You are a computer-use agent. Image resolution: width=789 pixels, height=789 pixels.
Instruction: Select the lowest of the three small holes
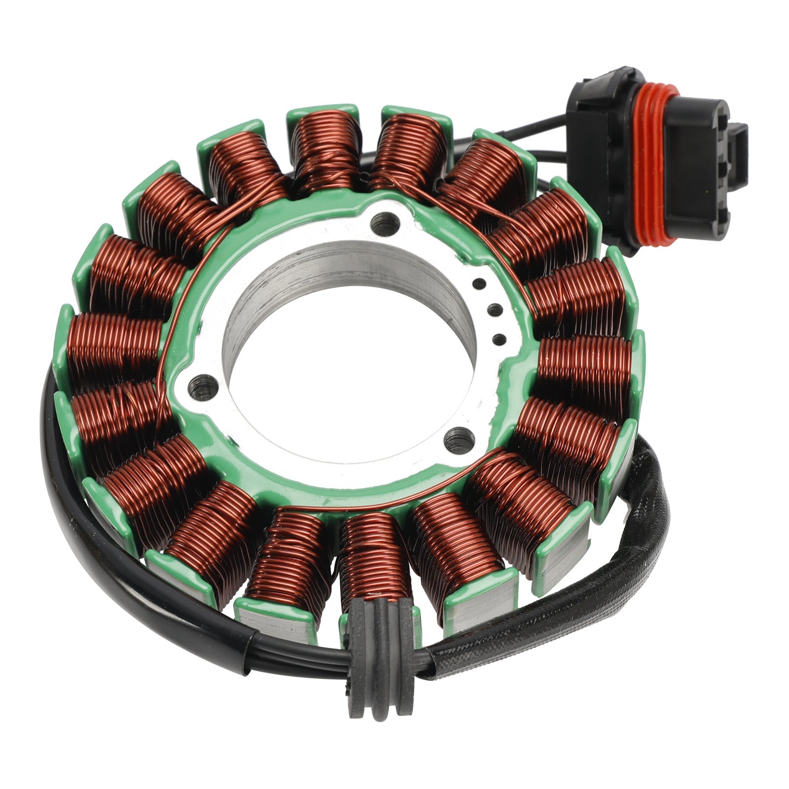coord(499,338)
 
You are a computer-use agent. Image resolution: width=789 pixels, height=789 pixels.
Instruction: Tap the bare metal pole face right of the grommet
coord(466,609)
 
